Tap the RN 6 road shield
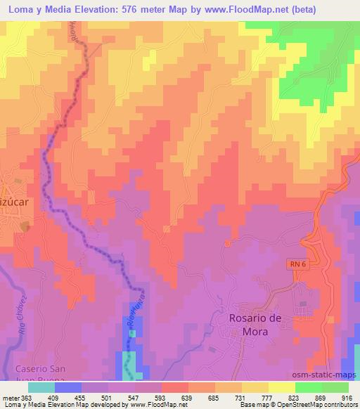(297, 263)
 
